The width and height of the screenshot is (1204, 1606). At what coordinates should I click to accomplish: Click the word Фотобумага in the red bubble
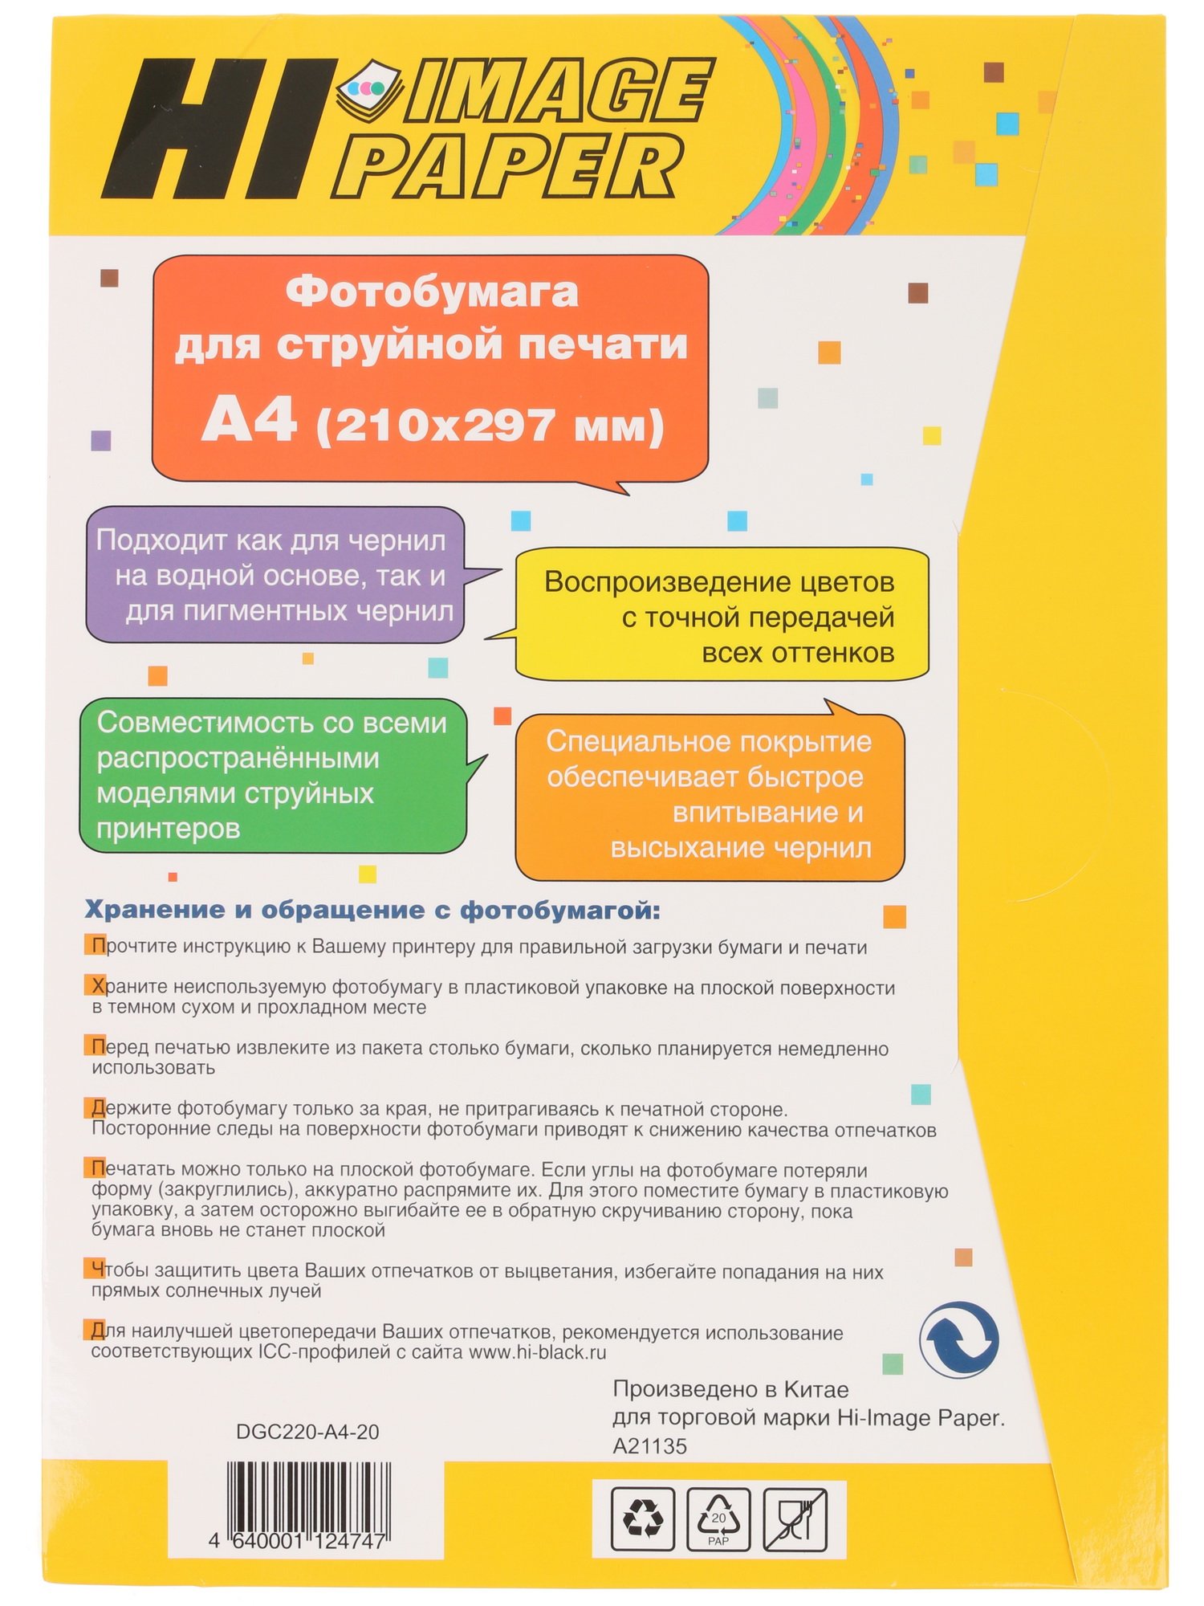pyautogui.click(x=432, y=291)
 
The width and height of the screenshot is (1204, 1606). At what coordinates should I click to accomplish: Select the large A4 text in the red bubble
pyautogui.click(x=249, y=421)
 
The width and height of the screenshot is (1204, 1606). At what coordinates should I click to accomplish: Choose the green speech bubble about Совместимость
pyautogui.click(x=272, y=775)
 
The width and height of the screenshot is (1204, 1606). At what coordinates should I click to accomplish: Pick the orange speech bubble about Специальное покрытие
pyautogui.click(x=710, y=794)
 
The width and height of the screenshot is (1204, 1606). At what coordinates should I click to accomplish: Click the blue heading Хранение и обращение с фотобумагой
pyautogui.click(x=372, y=911)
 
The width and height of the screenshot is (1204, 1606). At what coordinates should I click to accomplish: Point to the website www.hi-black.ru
pyautogui.click(x=537, y=1352)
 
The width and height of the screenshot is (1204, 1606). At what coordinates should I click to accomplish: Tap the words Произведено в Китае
pyautogui.click(x=730, y=1389)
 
